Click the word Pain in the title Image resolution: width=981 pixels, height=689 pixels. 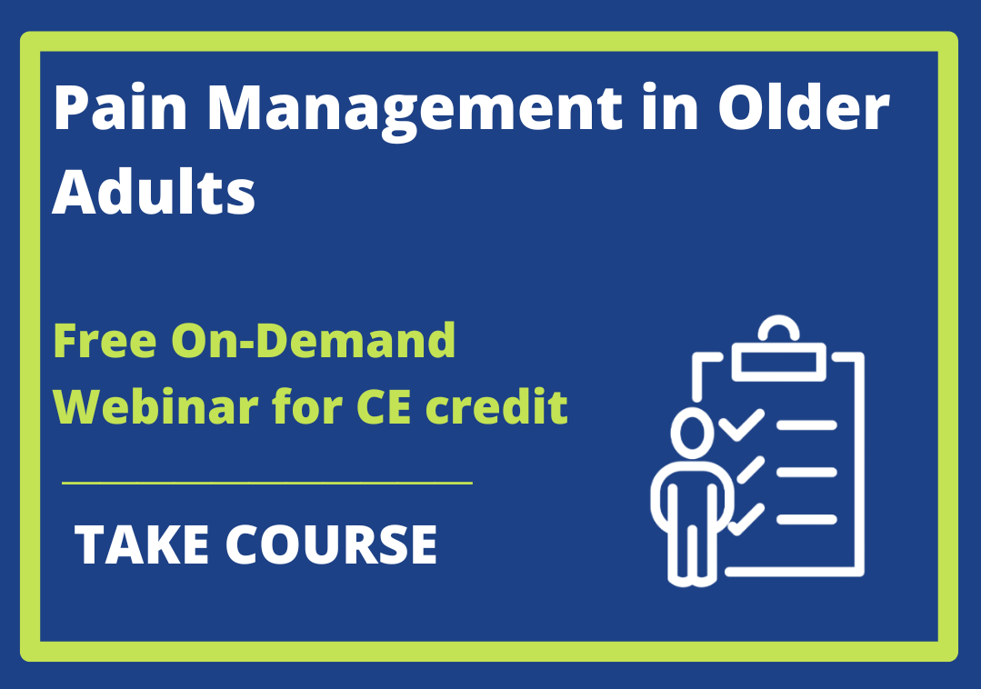[121, 107]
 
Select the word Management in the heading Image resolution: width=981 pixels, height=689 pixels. [415, 113]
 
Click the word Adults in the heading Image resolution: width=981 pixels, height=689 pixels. [154, 191]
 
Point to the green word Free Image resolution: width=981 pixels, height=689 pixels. [105, 341]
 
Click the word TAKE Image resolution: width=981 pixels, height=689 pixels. [142, 544]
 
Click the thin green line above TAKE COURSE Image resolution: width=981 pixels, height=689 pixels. [267, 483]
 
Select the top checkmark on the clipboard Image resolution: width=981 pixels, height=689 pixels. [741, 425]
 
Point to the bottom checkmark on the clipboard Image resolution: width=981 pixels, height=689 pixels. [746, 519]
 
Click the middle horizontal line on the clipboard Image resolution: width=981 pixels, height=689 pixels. [806, 472]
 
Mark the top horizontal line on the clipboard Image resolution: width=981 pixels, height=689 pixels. [806, 425]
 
